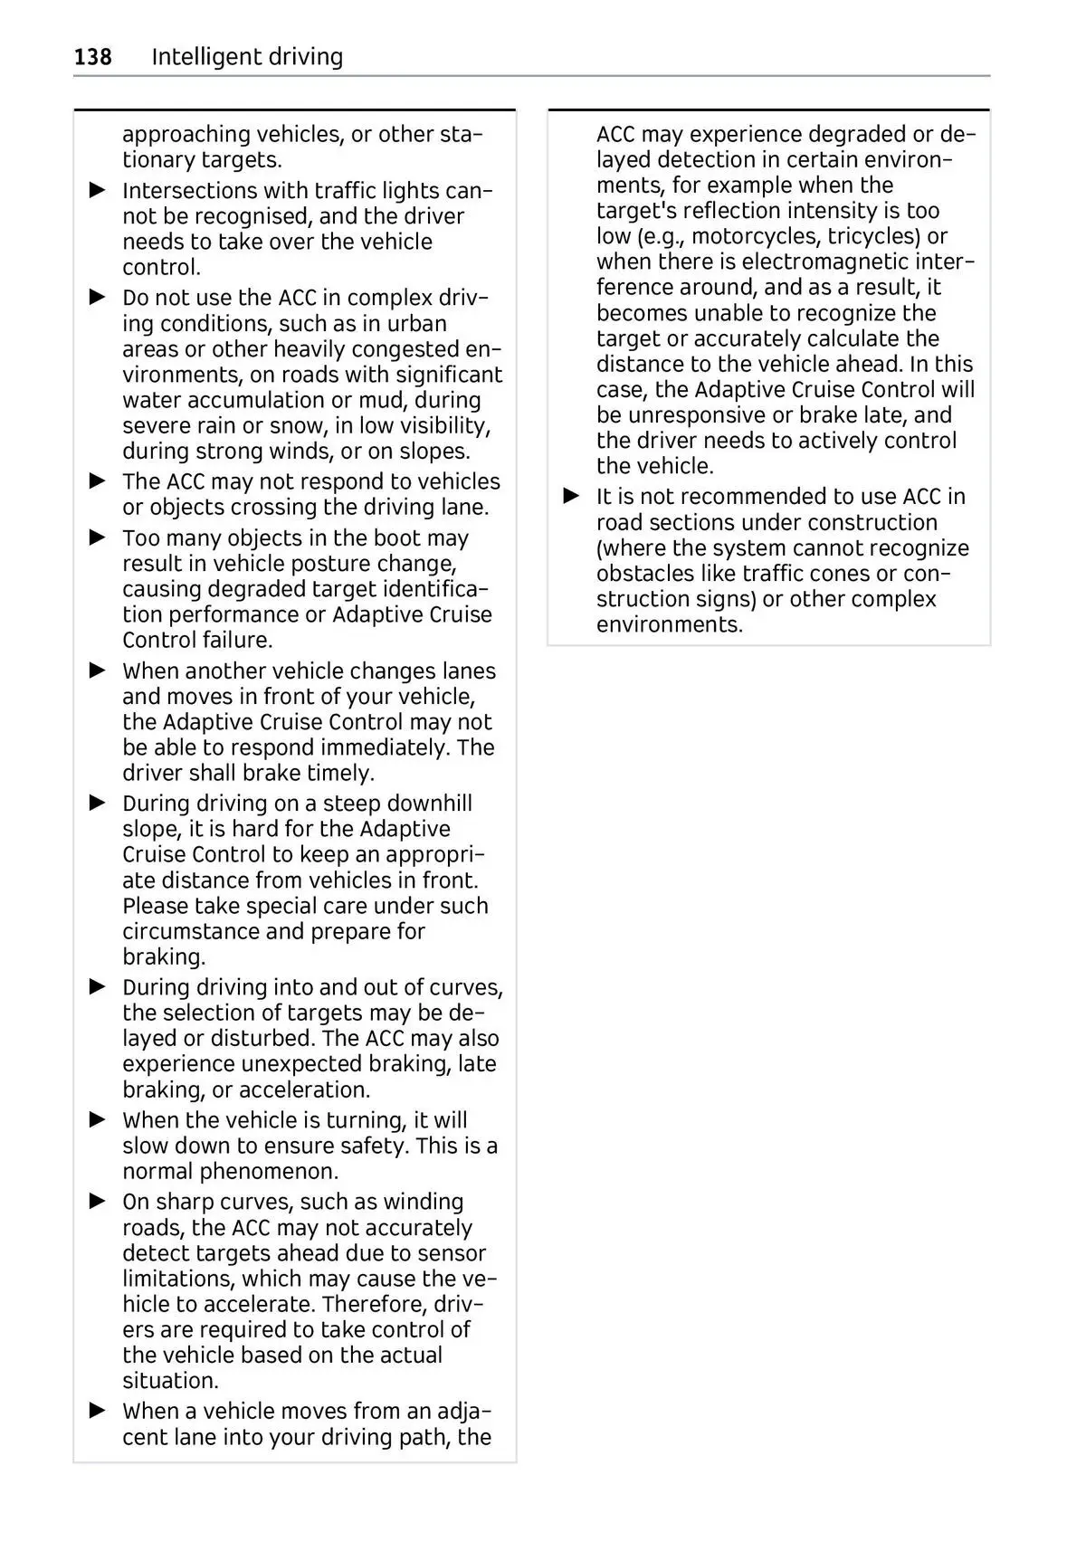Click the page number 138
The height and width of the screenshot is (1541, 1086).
[92, 57]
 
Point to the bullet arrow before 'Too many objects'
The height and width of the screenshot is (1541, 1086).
[98, 537]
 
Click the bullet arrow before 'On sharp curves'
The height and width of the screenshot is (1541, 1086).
[98, 1202]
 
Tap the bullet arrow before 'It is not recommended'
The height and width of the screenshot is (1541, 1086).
[571, 497]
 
